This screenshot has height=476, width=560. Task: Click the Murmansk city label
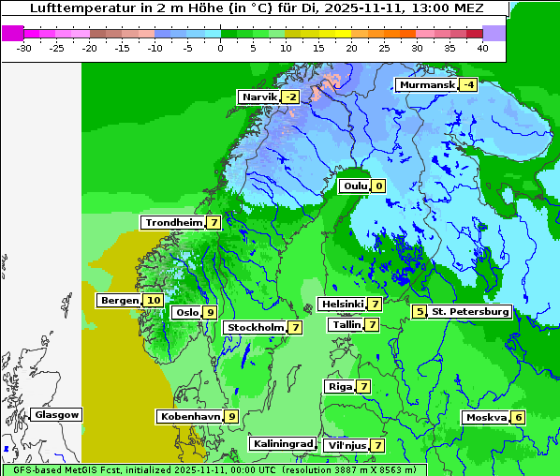coord(427,85)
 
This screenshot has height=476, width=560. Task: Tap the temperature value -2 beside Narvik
coord(291,97)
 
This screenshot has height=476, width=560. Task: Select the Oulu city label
coord(355,186)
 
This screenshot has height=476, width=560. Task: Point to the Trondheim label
coord(173,223)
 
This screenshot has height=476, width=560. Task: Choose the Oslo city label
coord(187,313)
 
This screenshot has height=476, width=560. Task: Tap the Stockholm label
coord(255,328)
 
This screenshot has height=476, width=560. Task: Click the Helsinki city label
coord(342,305)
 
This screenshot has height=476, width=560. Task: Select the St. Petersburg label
coord(470,312)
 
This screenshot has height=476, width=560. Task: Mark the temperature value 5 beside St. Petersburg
coord(420,311)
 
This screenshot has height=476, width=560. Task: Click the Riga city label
coord(339,387)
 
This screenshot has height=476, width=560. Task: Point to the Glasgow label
coord(57,415)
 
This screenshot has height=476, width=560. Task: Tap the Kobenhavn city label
coord(190,416)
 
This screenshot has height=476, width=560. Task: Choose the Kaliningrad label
coord(282,444)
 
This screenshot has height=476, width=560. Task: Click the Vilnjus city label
coord(346,446)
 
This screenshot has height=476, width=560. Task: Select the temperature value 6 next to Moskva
coord(518,418)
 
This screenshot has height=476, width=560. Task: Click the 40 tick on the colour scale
coord(482,48)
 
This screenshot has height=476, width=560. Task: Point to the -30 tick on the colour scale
coord(24,48)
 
